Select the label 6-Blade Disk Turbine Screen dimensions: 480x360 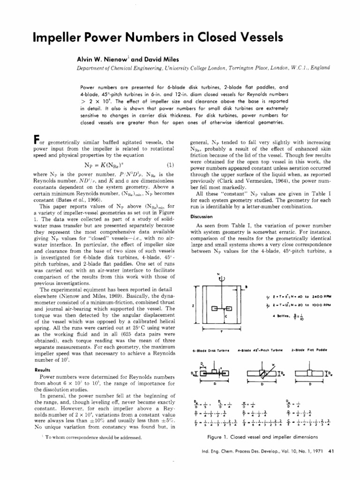(x=211, y=350)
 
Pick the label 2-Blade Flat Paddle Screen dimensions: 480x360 (x=309, y=350)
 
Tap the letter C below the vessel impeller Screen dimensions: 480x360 (x=225, y=317)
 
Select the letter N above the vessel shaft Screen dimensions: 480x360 (x=218, y=274)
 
